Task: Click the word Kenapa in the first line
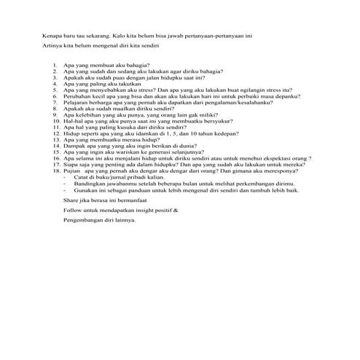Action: [52, 34]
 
